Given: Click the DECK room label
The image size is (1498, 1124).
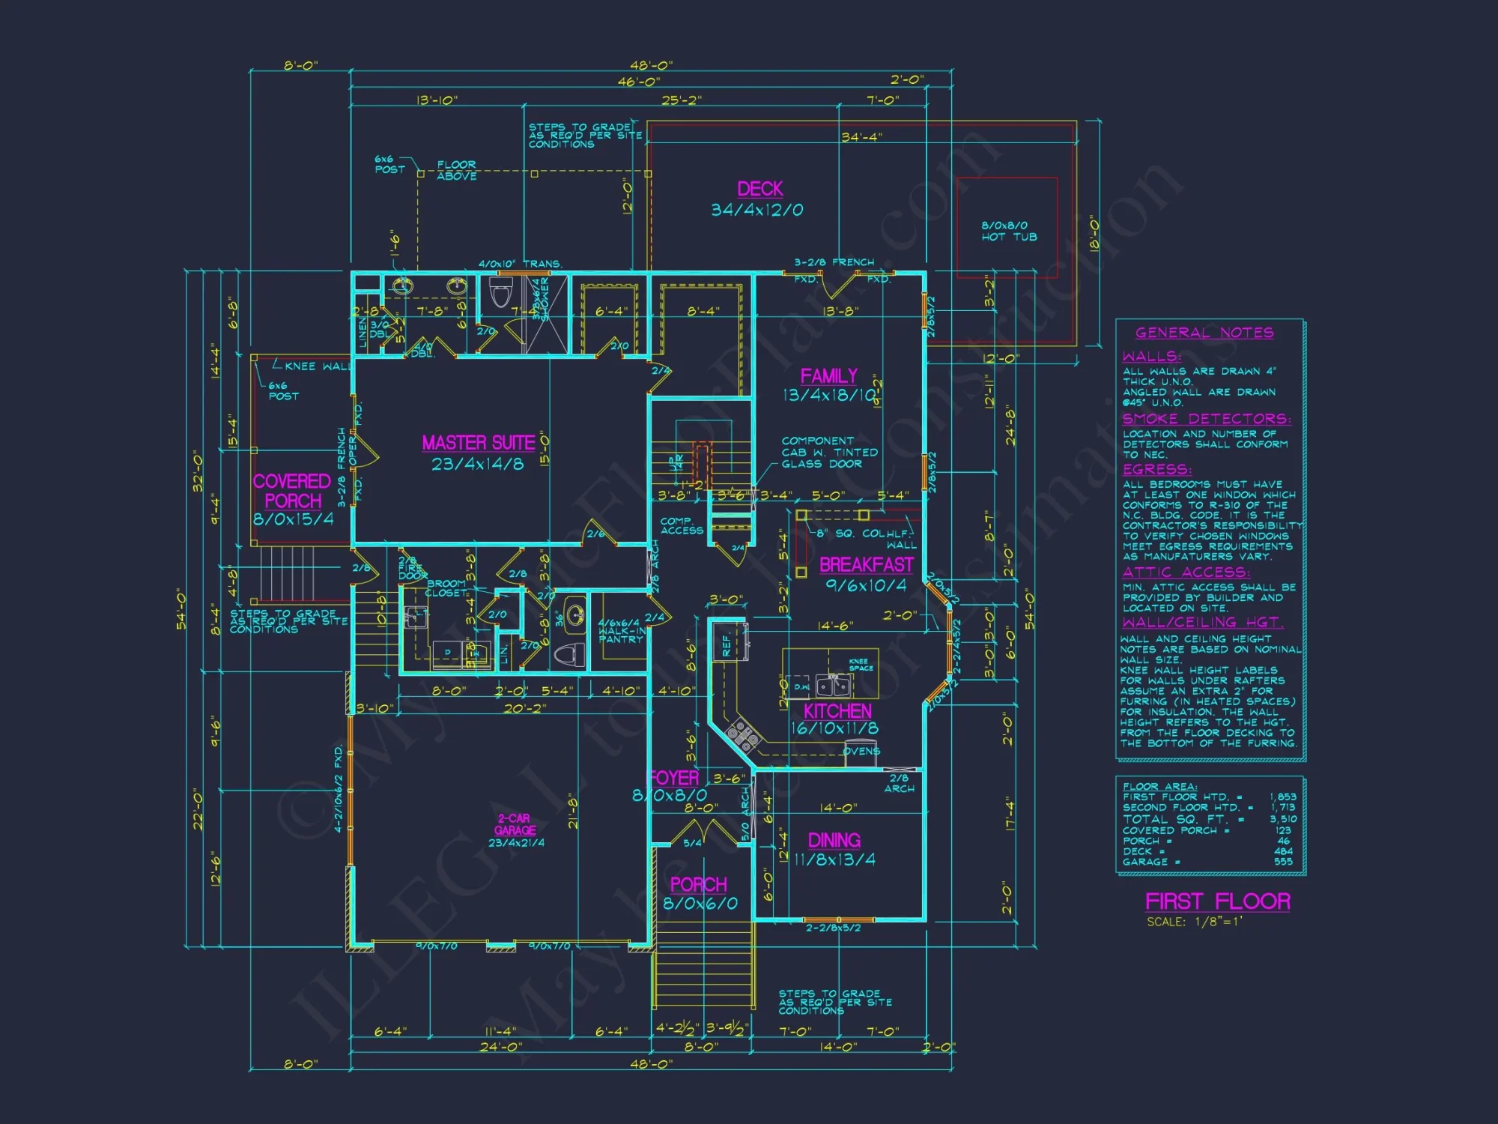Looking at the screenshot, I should (x=759, y=189).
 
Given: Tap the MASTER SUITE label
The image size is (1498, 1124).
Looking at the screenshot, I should (x=478, y=443).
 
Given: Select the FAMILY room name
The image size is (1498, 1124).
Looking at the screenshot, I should (x=828, y=376).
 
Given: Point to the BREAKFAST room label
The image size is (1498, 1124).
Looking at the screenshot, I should (x=866, y=564).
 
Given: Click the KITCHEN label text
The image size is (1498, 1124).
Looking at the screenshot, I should (x=837, y=711).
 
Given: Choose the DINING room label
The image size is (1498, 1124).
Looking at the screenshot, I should (x=834, y=840).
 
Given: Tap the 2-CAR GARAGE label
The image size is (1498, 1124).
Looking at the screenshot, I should (x=515, y=824).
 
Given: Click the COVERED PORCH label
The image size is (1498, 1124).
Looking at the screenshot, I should (x=292, y=491).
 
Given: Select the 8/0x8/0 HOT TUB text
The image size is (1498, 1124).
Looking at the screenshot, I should (x=1008, y=231).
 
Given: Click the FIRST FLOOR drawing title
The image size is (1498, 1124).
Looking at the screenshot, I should (x=1217, y=901).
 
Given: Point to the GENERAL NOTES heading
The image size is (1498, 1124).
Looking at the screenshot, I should (x=1204, y=333).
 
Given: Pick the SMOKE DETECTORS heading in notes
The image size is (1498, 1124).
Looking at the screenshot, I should (x=1206, y=419).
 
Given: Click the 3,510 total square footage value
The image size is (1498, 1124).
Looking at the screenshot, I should (x=1282, y=819).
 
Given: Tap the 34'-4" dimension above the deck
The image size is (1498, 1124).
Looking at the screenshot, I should (x=861, y=137).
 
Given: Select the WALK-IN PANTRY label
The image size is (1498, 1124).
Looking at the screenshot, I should (x=620, y=632).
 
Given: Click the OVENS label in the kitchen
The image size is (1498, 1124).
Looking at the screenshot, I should (x=861, y=751).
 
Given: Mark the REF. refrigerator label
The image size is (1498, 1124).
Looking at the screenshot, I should (x=726, y=644).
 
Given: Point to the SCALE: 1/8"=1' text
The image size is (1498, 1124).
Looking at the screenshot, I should (x=1194, y=922).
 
